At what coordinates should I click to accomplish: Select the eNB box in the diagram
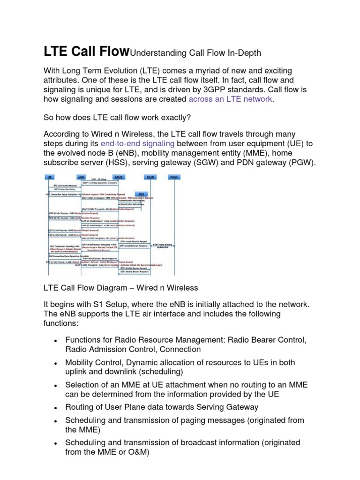(82, 177)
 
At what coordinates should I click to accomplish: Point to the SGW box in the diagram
(150, 177)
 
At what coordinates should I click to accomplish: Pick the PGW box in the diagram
(174, 177)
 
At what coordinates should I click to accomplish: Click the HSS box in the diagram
(142, 193)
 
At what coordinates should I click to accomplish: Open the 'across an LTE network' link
(230, 99)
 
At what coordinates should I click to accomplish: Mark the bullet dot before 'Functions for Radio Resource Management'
(55, 340)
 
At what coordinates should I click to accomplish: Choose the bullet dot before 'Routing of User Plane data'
(55, 408)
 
